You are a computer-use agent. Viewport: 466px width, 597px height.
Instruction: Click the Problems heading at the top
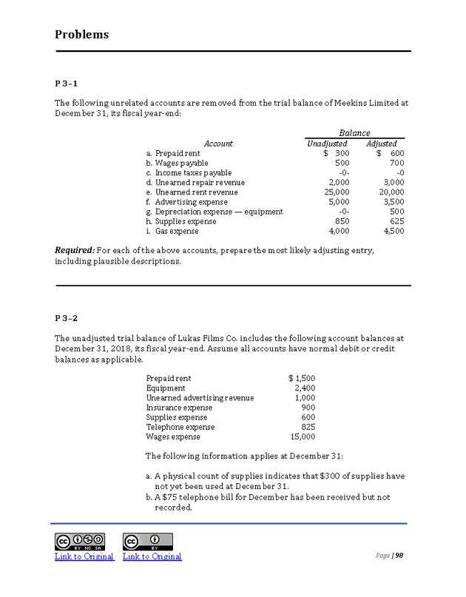(82, 35)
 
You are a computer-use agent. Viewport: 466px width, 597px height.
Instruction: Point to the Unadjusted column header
(327, 144)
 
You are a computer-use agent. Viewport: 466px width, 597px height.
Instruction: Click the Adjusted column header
(382, 144)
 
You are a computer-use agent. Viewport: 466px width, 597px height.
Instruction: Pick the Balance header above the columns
(354, 133)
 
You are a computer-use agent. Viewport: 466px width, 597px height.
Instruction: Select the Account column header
(218, 144)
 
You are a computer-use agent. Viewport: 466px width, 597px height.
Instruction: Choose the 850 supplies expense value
(342, 220)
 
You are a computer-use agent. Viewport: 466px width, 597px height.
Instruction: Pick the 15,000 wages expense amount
(300, 436)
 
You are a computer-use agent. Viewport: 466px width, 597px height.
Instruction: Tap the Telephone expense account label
(180, 427)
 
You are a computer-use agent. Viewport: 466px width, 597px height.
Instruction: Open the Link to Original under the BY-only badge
(152, 556)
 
